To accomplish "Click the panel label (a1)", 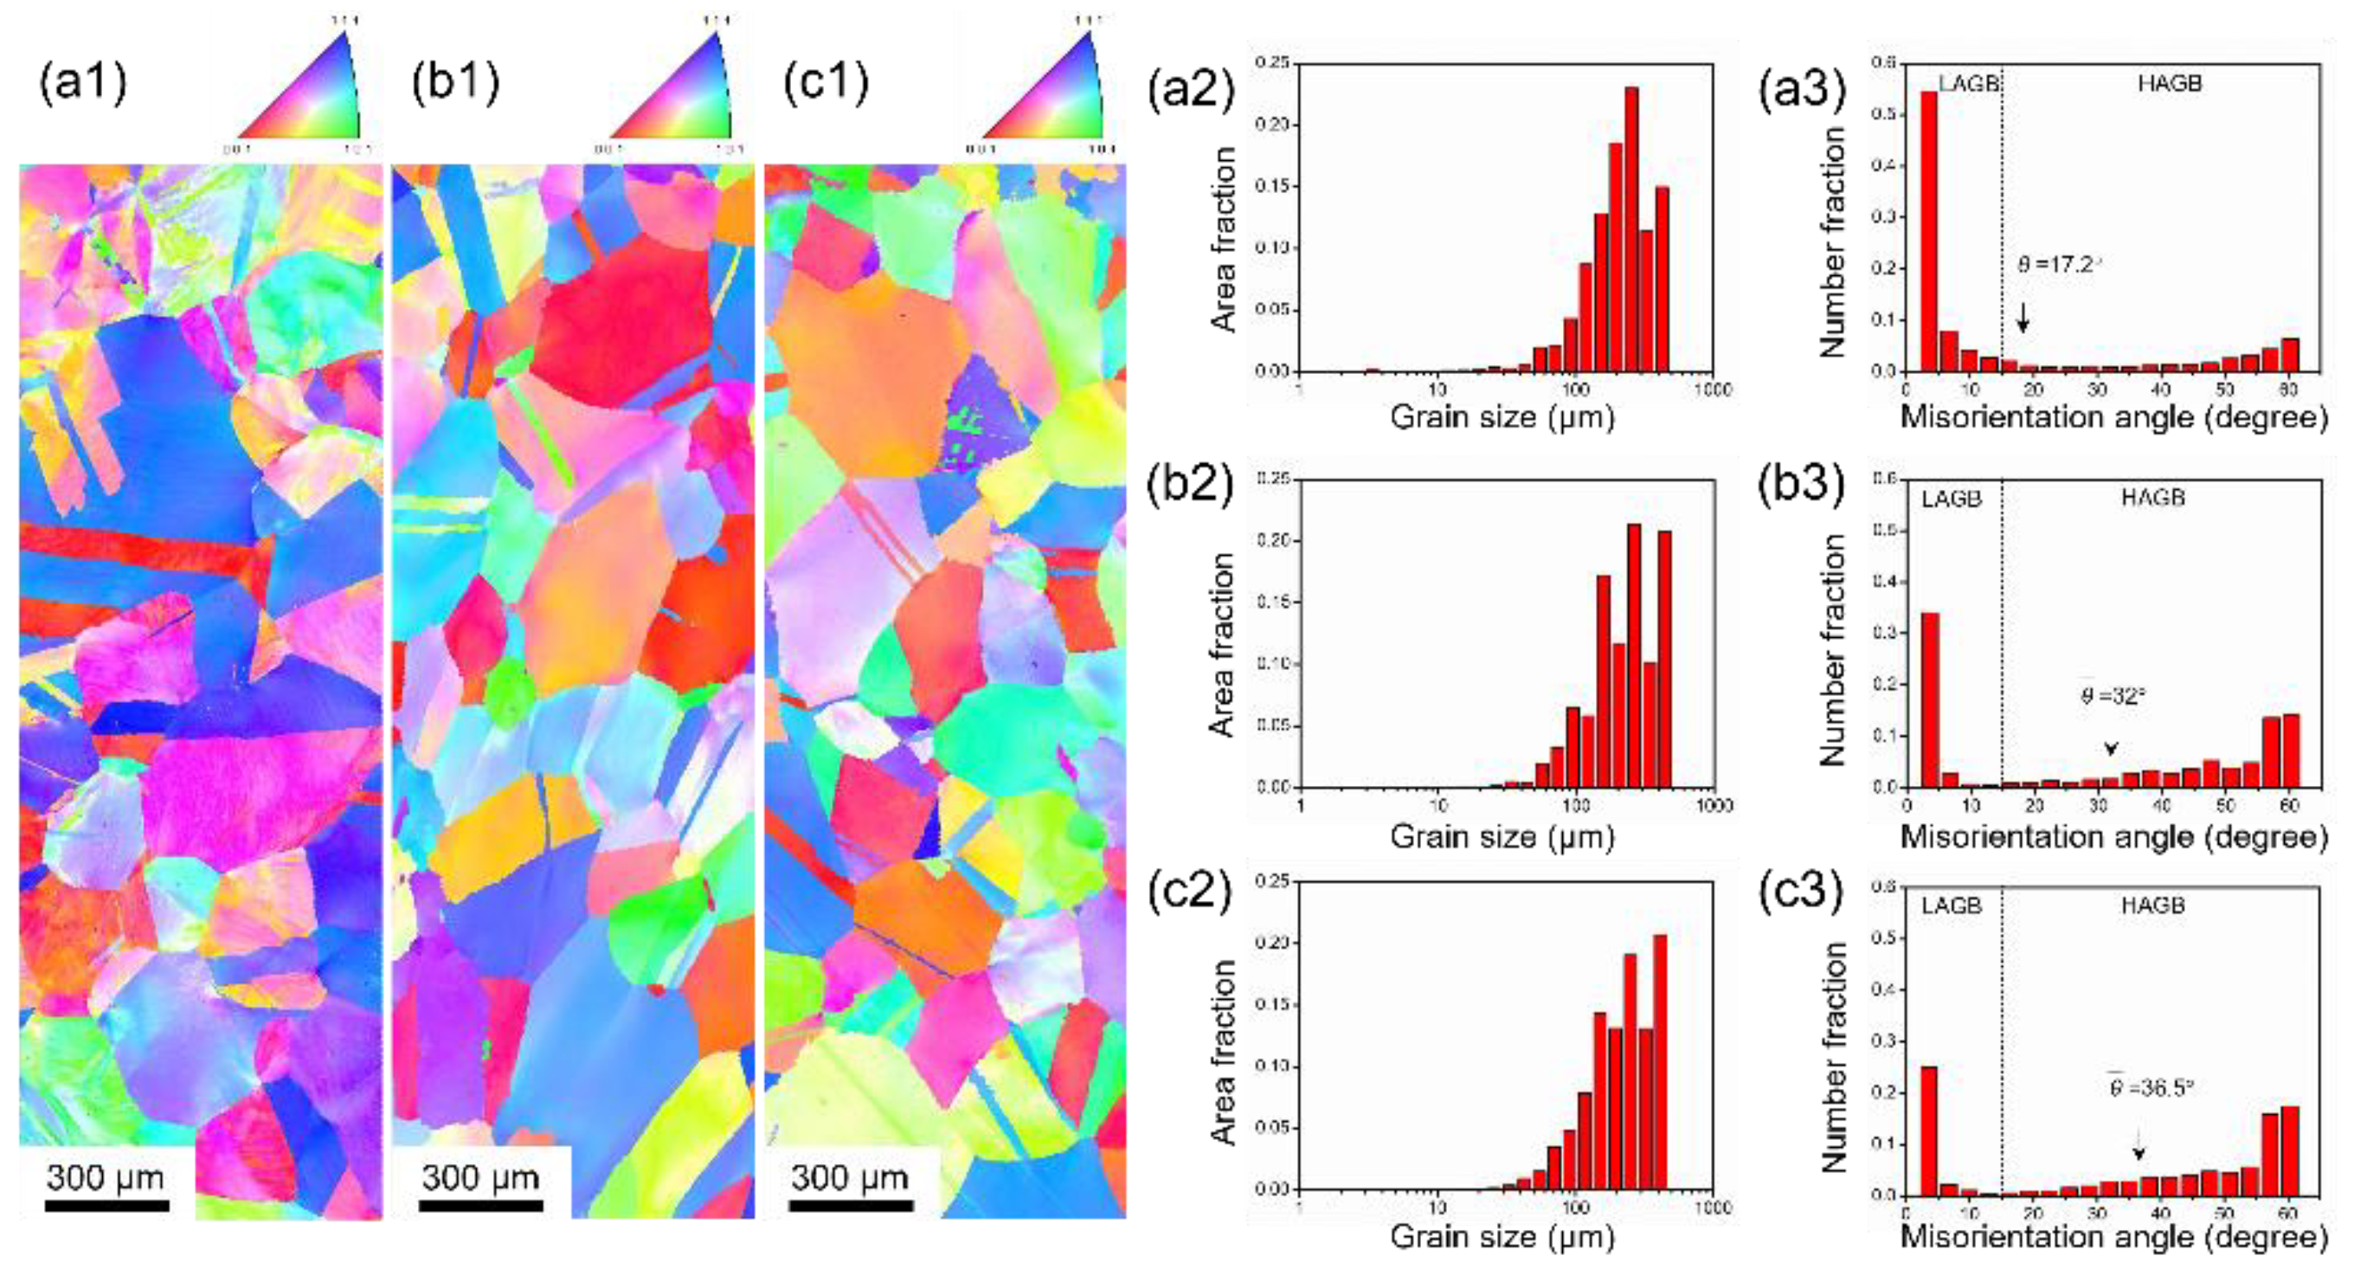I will coord(82,83).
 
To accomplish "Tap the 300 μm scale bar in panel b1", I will coord(481,1205).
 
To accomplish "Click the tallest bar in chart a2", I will coord(1631,229).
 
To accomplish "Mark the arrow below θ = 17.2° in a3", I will coord(2023,317).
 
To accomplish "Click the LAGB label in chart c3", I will coord(1951,905).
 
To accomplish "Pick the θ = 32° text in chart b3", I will coord(2112,697).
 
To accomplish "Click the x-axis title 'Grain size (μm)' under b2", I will coord(1502,835).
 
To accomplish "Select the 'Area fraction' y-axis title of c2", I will coord(1223,1051).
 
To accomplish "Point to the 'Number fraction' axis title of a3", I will coord(1833,241).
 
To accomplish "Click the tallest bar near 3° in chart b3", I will coord(1930,699).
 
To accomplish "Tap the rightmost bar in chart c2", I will coord(1661,1061).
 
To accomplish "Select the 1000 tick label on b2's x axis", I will coord(1714,805).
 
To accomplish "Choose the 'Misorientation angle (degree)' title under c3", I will coord(2113,1236).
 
